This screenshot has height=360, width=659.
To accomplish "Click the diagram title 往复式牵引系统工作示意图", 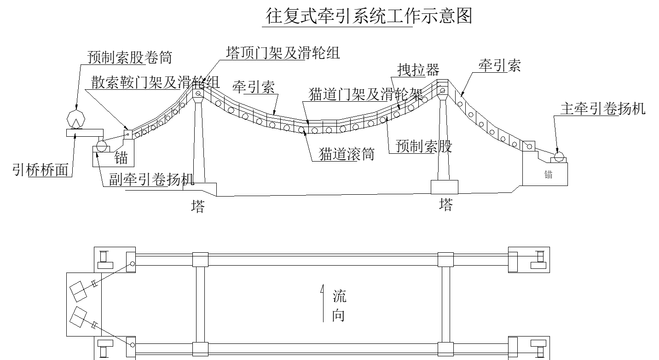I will (369, 17).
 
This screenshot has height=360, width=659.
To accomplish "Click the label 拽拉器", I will (418, 70).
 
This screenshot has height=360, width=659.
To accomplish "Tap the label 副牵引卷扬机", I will (151, 179).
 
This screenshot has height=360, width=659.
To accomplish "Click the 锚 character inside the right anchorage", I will (548, 175).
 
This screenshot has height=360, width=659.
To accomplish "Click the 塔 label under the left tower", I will (198, 206).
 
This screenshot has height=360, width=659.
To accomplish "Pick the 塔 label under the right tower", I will (445, 205).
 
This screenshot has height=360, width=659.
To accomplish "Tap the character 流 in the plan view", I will (340, 296).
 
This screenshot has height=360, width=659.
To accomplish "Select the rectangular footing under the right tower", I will (444, 186).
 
